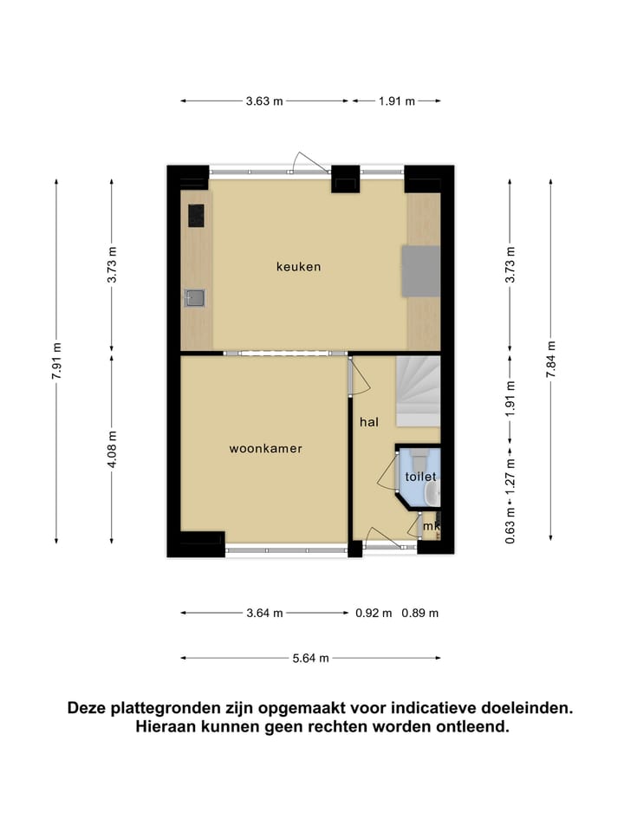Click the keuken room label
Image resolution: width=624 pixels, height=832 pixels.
298,266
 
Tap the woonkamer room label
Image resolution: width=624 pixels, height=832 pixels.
265,449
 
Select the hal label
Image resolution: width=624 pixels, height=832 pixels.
370,422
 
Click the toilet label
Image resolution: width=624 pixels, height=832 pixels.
419,477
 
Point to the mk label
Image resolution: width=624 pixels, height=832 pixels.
432,525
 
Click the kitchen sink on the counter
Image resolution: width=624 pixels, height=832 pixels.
195,298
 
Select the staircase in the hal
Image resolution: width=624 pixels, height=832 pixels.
419,393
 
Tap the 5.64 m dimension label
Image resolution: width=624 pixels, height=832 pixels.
311,658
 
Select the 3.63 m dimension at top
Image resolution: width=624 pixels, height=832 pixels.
263,101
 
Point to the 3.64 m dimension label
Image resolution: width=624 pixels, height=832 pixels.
264,613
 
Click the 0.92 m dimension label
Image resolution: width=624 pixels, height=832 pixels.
374,613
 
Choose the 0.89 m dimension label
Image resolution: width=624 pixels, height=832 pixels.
420,613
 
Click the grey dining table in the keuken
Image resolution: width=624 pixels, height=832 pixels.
420,272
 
